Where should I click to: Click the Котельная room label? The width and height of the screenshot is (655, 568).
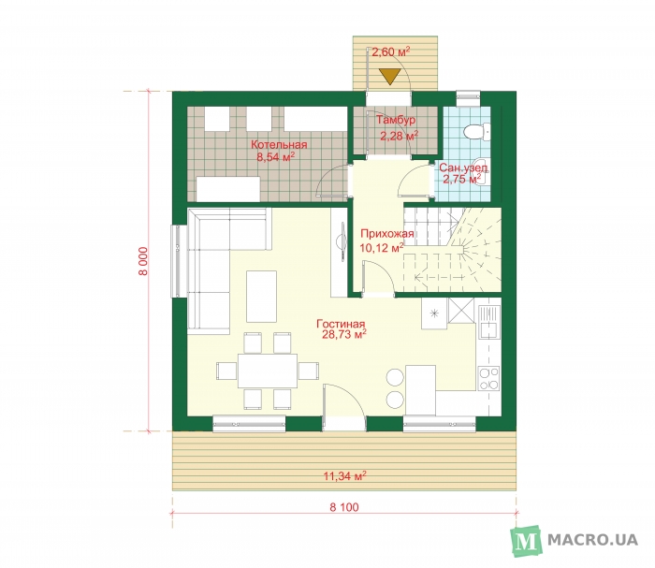(x=279, y=145)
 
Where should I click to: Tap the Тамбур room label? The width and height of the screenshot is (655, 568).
(x=396, y=121)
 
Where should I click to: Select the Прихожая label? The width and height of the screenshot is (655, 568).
(x=387, y=234)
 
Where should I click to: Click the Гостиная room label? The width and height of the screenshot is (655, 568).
(x=341, y=324)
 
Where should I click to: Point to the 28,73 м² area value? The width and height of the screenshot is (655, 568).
(x=344, y=334)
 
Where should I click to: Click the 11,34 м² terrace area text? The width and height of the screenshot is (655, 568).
(x=345, y=475)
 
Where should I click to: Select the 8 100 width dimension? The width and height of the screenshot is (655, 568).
(x=344, y=507)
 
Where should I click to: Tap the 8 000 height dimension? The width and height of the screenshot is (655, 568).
(x=143, y=261)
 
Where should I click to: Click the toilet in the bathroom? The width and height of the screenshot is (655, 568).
(x=476, y=131)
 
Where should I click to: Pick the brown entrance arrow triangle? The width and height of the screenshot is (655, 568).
(x=390, y=77)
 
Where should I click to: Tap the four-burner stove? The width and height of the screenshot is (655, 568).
(x=488, y=378)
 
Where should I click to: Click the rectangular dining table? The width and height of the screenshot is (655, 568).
(x=268, y=371)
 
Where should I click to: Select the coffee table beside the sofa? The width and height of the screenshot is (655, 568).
(x=261, y=297)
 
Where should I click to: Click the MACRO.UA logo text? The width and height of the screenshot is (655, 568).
(x=592, y=540)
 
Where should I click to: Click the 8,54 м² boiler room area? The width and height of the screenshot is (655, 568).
(x=276, y=157)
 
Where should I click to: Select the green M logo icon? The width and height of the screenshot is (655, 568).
(x=526, y=541)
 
